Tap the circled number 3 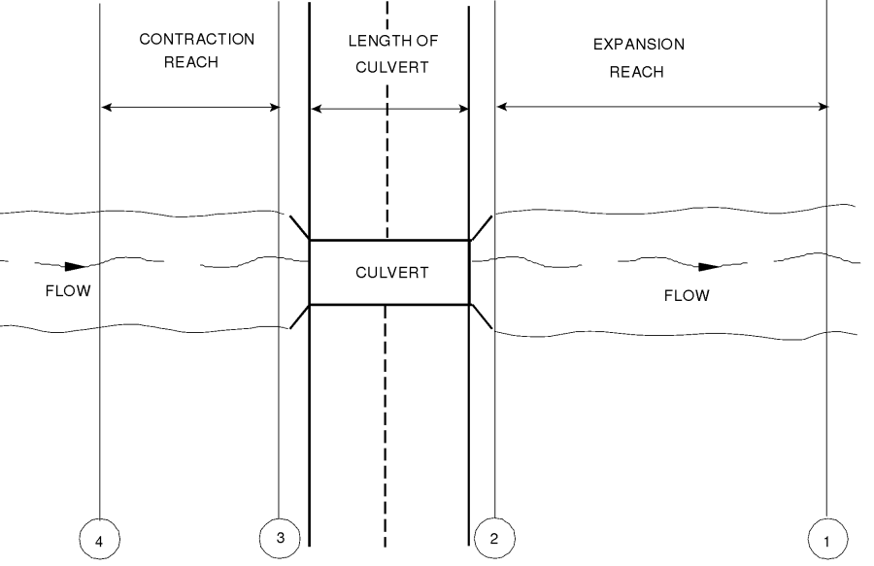(280, 535)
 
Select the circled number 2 (494, 536)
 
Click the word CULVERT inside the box (388, 273)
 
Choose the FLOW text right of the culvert (687, 295)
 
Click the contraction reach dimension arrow (190, 107)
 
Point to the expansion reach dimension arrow (661, 107)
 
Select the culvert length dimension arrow (388, 109)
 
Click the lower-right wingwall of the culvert (481, 316)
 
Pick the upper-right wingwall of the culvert (481, 227)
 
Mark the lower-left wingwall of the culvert (299, 316)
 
